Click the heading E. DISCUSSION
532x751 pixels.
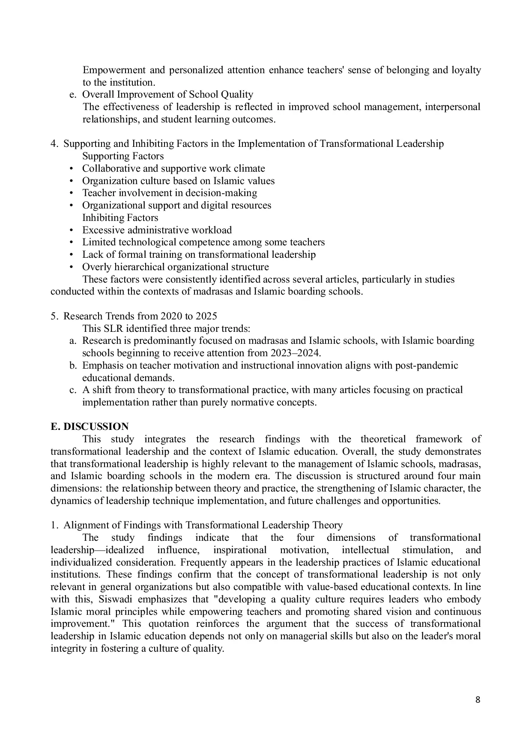pyautogui.click(x=90, y=426)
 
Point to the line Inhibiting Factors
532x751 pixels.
pyautogui.click(x=120, y=218)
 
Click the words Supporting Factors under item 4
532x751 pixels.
pyautogui.click(x=123, y=156)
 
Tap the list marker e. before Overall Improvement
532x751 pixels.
pyautogui.click(x=72, y=95)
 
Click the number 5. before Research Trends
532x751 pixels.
pyautogui.click(x=54, y=316)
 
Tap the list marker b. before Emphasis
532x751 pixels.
pyautogui.click(x=72, y=366)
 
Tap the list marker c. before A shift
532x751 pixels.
pyautogui.click(x=72, y=390)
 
